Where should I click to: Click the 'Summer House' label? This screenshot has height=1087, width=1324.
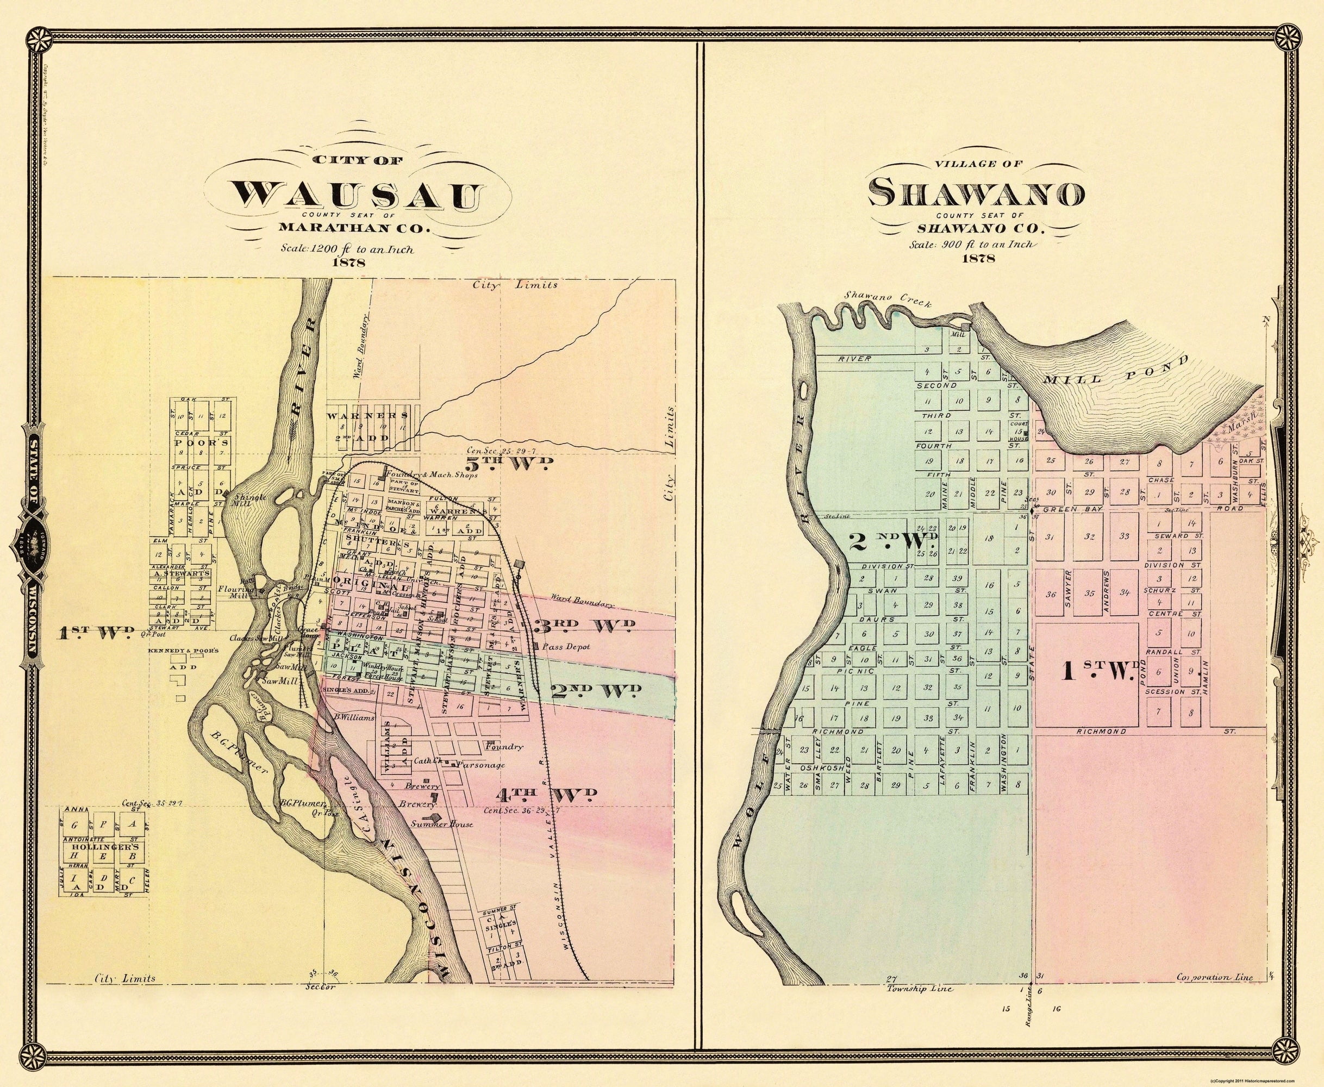[441, 824]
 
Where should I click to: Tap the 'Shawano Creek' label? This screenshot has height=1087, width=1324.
[888, 299]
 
